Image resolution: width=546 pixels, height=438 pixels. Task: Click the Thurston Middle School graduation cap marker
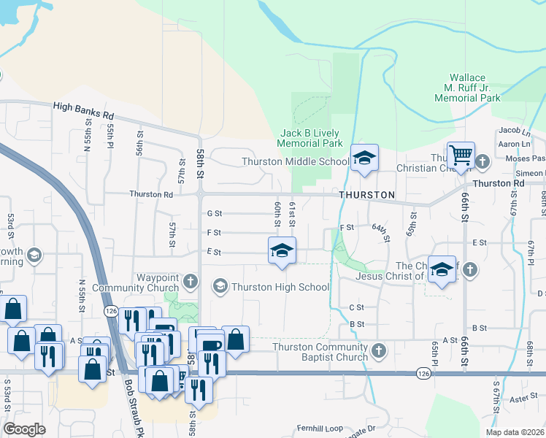(364, 158)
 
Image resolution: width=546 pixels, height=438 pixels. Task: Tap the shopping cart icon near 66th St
(461, 155)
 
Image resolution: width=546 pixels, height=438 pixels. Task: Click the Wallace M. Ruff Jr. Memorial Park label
(474, 88)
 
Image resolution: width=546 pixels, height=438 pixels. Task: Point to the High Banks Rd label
(84, 110)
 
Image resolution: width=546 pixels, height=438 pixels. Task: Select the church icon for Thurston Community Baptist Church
(378, 352)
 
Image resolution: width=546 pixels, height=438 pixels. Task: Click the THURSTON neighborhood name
(366, 196)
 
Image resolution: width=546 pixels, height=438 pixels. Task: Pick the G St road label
(214, 214)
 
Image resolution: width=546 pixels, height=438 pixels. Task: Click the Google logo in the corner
(24, 429)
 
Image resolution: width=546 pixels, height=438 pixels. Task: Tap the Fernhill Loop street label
(319, 427)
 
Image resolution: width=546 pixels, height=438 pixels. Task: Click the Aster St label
(523, 399)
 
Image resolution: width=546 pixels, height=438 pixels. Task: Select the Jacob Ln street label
(515, 131)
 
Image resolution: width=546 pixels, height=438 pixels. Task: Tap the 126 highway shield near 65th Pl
(424, 373)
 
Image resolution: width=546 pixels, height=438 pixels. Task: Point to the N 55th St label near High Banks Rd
(88, 139)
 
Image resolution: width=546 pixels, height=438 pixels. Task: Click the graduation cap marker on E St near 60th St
(282, 250)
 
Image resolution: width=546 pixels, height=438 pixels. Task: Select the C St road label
(356, 307)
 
